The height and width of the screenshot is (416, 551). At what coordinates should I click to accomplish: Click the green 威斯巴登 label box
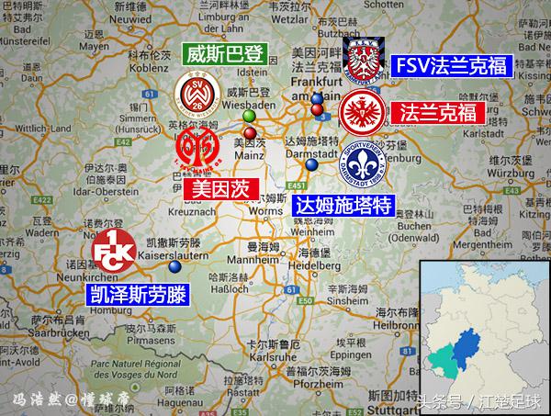[223, 53]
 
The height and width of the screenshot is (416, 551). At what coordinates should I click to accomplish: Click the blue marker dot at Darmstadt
[312, 165]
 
